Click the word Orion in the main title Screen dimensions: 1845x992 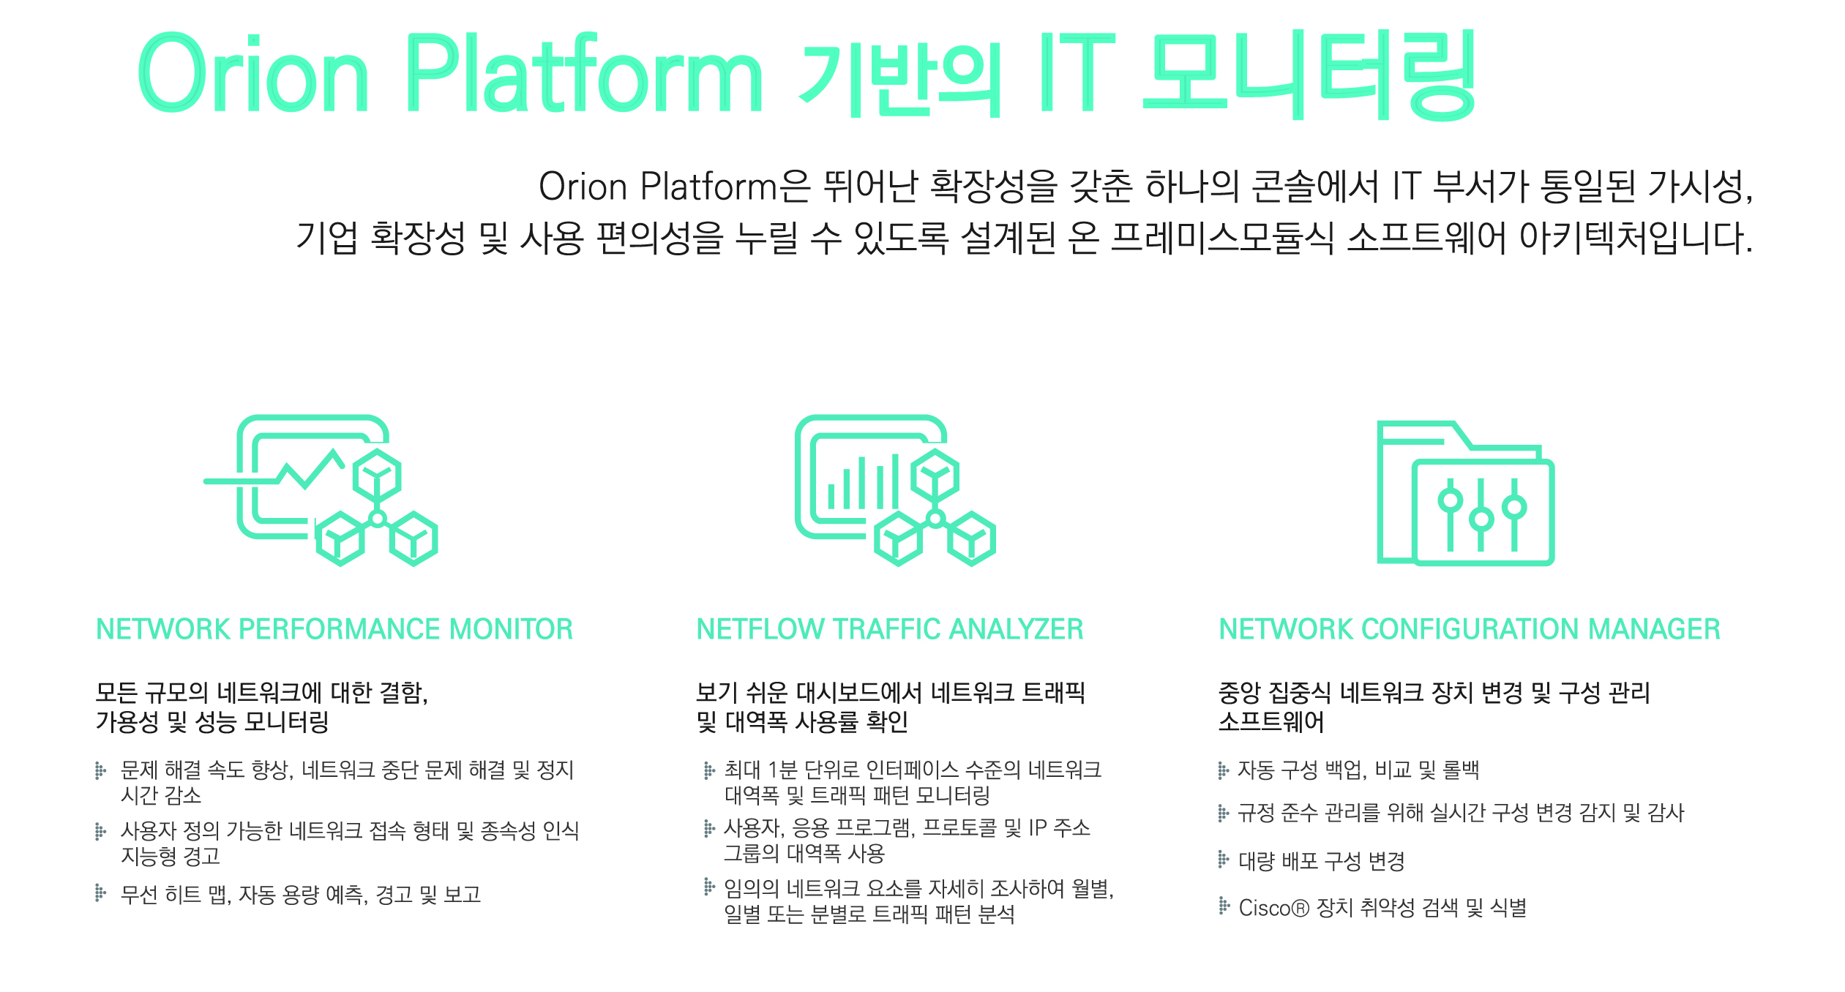pos(253,73)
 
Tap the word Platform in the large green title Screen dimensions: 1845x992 pos(584,73)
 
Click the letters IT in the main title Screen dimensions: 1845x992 pos(1077,73)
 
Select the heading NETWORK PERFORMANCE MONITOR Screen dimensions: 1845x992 pos(334,629)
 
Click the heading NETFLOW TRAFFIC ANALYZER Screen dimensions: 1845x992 pos(890,629)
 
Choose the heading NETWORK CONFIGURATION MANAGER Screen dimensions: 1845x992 pos(1470,629)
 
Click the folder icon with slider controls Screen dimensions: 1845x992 pos(1466,492)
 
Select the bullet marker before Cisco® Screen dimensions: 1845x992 pos(1223,906)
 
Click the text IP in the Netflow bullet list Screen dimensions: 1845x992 pos(1038,828)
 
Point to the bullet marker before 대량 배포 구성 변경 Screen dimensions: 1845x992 pos(1223,859)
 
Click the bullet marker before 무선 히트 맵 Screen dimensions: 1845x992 pos(101,893)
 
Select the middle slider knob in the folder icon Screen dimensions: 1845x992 pos(1482,519)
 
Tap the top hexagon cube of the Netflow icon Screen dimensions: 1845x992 pos(935,476)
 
